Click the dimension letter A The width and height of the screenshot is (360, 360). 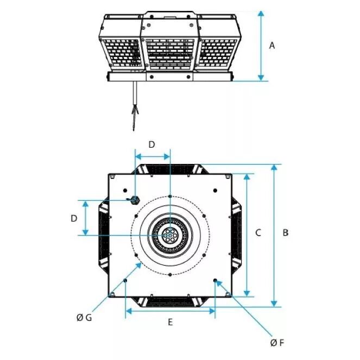(272, 46)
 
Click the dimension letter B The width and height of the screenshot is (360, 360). (286, 232)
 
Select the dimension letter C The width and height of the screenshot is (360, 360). (258, 232)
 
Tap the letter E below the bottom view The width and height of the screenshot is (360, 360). (170, 322)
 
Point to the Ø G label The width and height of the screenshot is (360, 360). (84, 318)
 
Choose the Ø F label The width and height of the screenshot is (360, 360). (277, 343)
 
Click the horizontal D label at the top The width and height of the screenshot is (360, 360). (151, 144)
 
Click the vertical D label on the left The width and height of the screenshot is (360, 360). (74, 218)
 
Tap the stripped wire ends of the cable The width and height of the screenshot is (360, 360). (135, 117)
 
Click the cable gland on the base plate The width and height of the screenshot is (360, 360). (134, 200)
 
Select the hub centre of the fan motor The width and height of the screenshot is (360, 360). (170, 236)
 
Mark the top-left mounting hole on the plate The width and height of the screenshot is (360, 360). (125, 191)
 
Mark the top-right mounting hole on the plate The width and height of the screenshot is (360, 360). (215, 191)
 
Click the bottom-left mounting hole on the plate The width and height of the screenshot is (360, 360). (125, 280)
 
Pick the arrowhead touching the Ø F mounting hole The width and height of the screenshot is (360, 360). (219, 284)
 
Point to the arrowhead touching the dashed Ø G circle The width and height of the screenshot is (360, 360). (138, 266)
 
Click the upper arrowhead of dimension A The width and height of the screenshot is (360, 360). (261, 14)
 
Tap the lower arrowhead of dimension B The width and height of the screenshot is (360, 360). (274, 303)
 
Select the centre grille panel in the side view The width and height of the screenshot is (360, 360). (170, 53)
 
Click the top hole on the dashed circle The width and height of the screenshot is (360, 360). (170, 197)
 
